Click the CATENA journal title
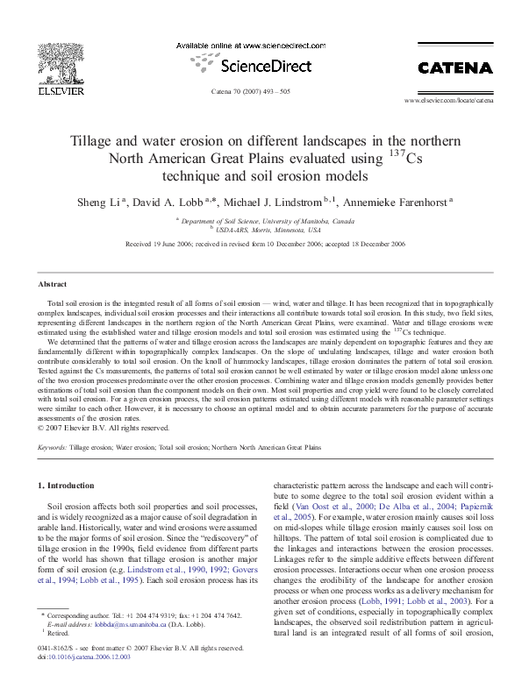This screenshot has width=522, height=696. (454, 67)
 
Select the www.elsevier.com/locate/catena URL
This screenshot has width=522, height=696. (448, 102)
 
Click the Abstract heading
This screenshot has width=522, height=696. (53, 285)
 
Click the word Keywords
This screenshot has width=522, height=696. (52, 447)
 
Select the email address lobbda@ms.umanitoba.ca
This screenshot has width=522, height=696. (119, 625)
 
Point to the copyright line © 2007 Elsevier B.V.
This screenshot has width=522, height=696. (105, 428)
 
